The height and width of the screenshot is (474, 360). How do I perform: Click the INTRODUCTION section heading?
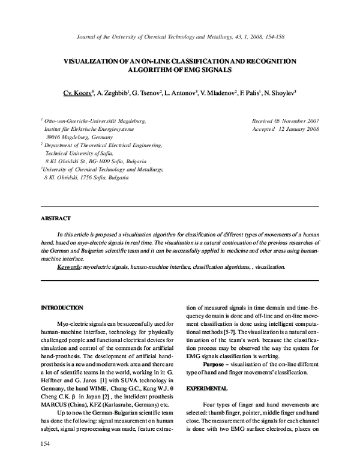click(x=62, y=307)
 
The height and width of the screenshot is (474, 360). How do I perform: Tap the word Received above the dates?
click(x=265, y=121)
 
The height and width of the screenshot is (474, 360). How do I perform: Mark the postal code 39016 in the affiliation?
click(x=55, y=137)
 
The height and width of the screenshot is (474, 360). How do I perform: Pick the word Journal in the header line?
click(x=89, y=37)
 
